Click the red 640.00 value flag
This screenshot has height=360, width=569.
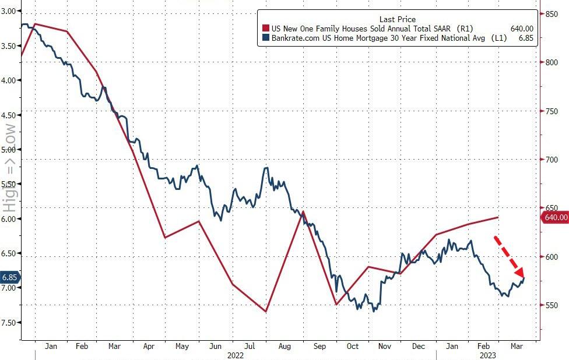pos(555,217)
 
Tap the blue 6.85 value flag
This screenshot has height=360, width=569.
pos(10,278)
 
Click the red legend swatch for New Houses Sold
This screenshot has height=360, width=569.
pos(266,28)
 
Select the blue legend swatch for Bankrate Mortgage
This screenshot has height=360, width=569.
pos(266,38)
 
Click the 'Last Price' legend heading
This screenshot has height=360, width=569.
pos(398,19)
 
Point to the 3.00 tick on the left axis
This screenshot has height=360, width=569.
pos(10,11)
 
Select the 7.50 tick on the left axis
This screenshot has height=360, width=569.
pos(10,322)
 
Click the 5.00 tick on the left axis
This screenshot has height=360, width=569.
pos(10,149)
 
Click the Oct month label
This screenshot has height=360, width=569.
pos(352,346)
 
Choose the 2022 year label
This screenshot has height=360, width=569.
pos(235,355)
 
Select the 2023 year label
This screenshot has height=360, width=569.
pos(487,355)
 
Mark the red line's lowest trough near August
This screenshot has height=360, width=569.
pos(266,312)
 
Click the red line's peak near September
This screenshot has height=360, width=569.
pos(303,212)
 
